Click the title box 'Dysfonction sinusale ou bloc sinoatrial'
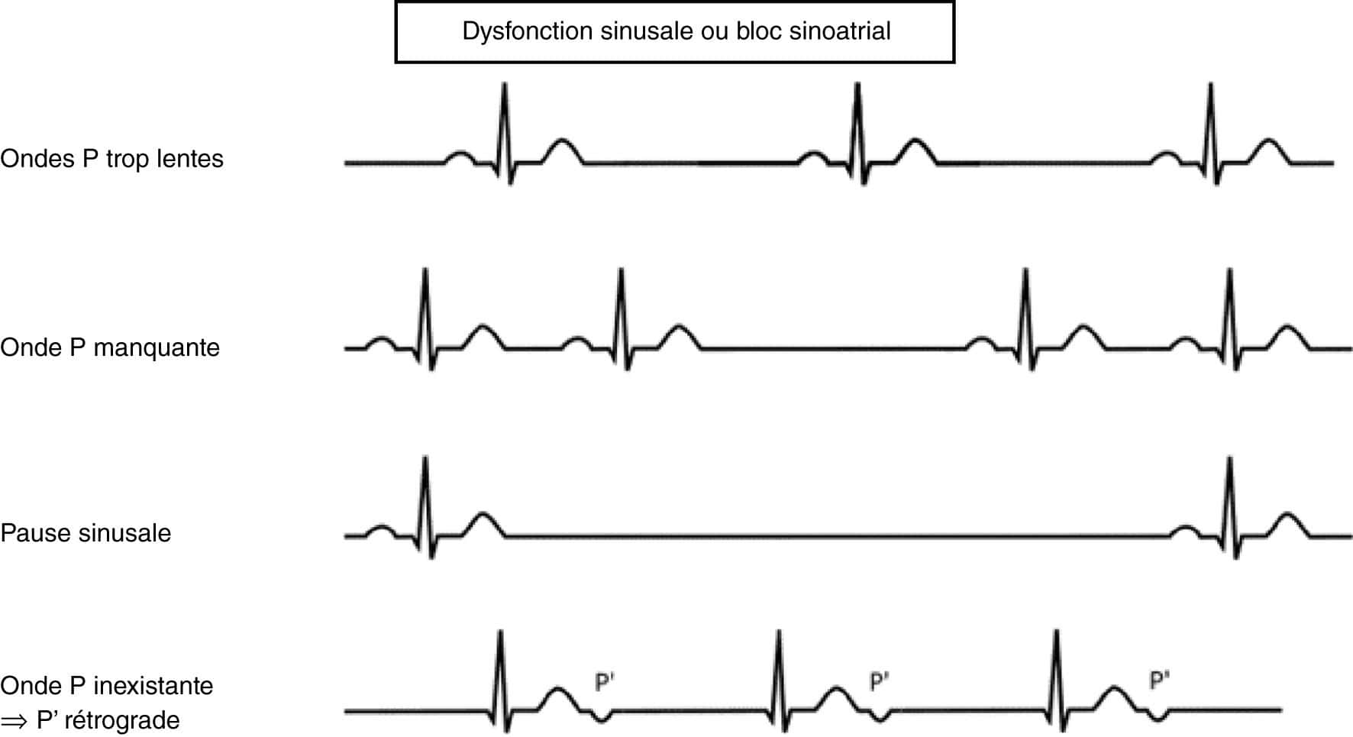[675, 31]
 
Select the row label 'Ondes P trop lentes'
[111, 159]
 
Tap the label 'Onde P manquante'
[110, 347]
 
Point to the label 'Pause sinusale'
[86, 532]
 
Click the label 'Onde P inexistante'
[107, 685]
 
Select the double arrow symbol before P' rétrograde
[14, 720]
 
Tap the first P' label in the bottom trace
[604, 681]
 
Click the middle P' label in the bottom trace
[880, 681]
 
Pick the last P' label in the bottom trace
[1159, 680]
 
